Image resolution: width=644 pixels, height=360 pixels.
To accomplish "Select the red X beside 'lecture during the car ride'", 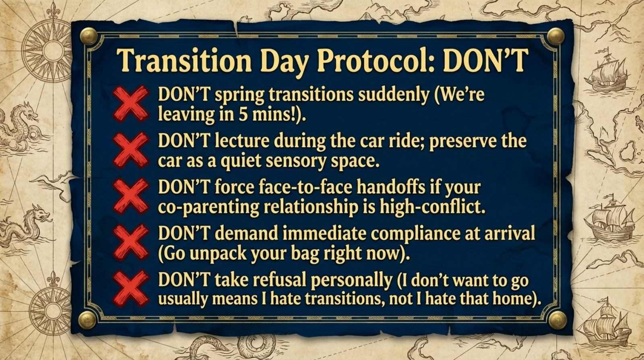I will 130,150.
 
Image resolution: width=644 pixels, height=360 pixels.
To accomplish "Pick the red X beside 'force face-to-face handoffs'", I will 130,196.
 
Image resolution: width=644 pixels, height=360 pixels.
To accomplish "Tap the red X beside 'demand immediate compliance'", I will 130,242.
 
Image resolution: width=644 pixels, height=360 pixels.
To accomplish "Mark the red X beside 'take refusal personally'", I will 130,288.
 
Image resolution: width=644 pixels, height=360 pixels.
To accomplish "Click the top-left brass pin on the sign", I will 88,36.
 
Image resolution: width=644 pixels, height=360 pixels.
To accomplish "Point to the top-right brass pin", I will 556,36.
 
